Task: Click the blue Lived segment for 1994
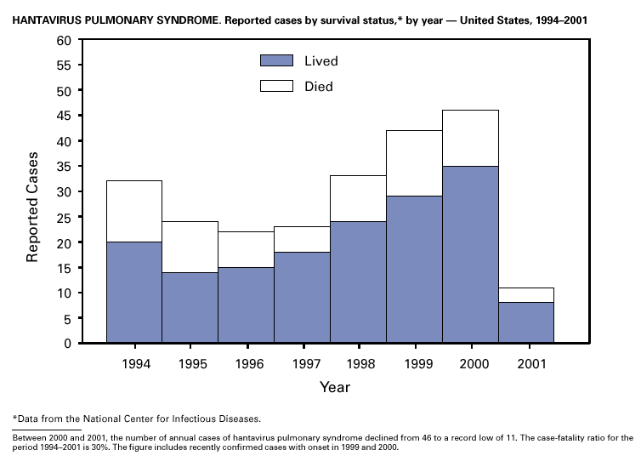(x=134, y=292)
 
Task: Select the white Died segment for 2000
(x=470, y=138)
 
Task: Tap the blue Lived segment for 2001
(x=526, y=322)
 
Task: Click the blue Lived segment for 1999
(x=414, y=269)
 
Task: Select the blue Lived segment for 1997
(x=302, y=298)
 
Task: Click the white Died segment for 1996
(x=246, y=249)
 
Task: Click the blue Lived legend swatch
(x=276, y=60)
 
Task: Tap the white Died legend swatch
(x=276, y=86)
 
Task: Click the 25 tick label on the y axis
(x=64, y=217)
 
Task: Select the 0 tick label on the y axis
(x=67, y=344)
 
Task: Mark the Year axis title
(x=334, y=387)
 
